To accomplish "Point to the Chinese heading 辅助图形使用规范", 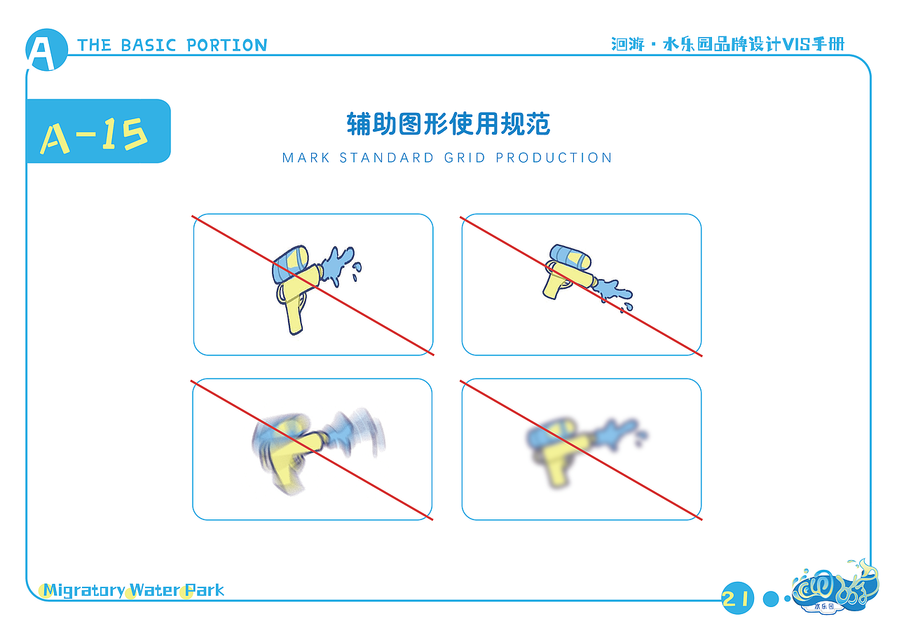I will coord(448,124).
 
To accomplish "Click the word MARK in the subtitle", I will coord(306,158).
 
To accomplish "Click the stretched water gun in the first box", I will coord(298,284).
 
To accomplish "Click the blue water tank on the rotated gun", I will coord(570,256).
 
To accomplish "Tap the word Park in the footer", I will coord(205,590).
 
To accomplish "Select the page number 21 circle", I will coord(737,598).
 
